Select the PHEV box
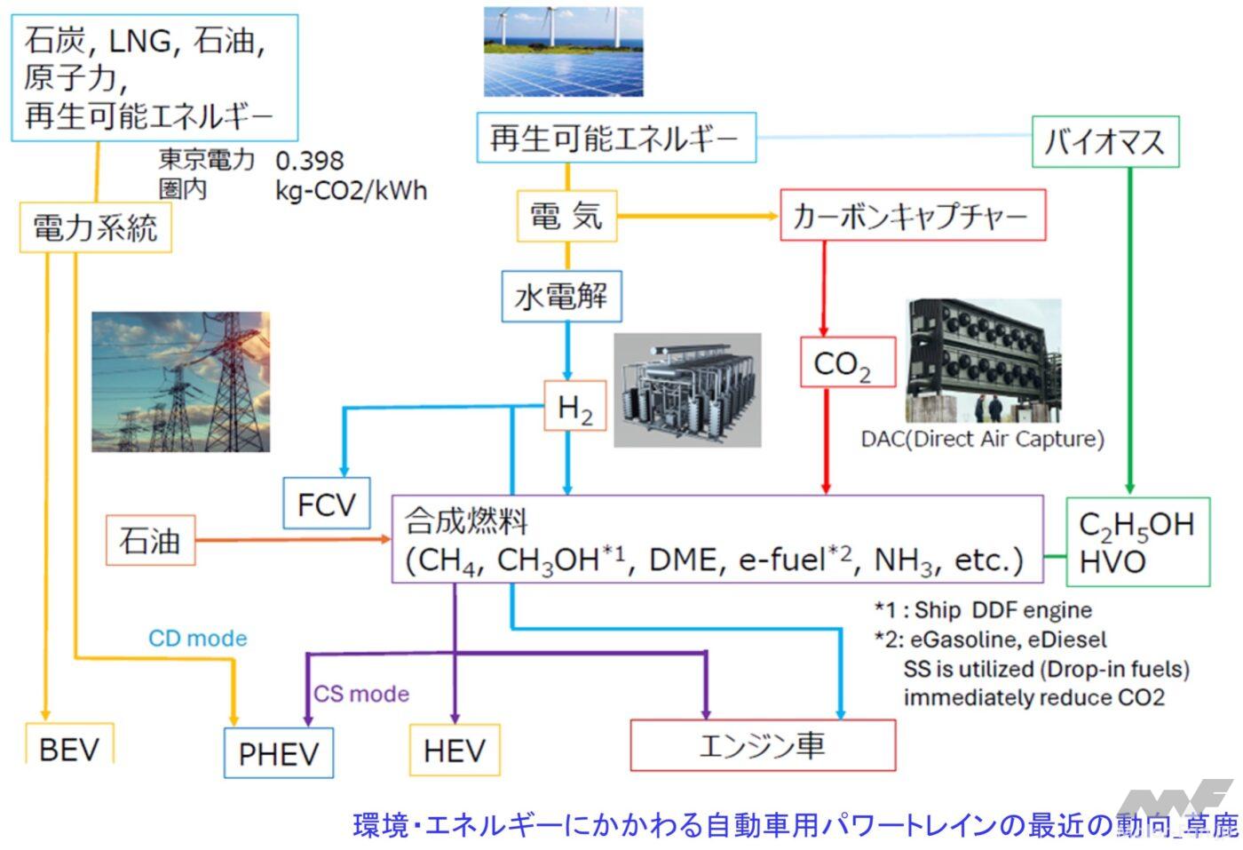pyautogui.click(x=278, y=753)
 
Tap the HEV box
pyautogui.click(x=454, y=751)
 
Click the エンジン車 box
pyautogui.click(x=762, y=744)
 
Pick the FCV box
pyautogui.click(x=326, y=504)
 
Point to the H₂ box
pyautogui.click(x=574, y=408)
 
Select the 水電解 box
pyautogui.click(x=561, y=296)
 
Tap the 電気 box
pyautogui.click(x=566, y=216)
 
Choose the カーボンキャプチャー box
pyautogui.click(x=912, y=215)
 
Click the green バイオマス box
pyautogui.click(x=1104, y=141)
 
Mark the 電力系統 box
pyautogui.click(x=96, y=227)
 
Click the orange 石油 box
pyautogui.click(x=150, y=540)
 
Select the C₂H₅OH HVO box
pyautogui.click(x=1136, y=542)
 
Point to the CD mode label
pyautogui.click(x=197, y=638)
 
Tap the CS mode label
pyautogui.click(x=361, y=694)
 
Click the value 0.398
pyautogui.click(x=309, y=160)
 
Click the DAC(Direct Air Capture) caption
pyautogui.click(x=982, y=439)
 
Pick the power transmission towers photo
pyautogui.click(x=180, y=382)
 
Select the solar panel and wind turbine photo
pyautogui.click(x=563, y=52)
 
